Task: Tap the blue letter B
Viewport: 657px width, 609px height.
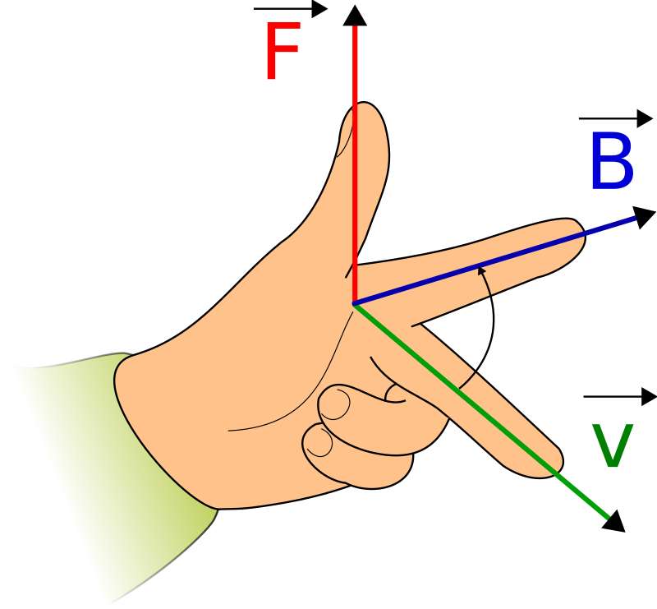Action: click(611, 162)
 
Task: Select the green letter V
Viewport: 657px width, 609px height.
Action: click(613, 447)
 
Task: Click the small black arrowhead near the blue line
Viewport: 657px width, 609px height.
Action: click(481, 270)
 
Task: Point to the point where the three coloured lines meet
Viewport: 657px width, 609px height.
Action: click(355, 304)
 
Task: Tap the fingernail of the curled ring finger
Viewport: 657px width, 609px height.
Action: click(334, 404)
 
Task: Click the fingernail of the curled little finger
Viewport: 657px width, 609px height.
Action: click(318, 442)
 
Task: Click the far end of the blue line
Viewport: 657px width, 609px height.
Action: click(634, 218)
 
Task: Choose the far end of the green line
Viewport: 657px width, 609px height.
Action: click(607, 517)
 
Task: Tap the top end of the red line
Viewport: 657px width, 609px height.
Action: click(355, 28)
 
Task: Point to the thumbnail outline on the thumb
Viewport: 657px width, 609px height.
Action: click(343, 140)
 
